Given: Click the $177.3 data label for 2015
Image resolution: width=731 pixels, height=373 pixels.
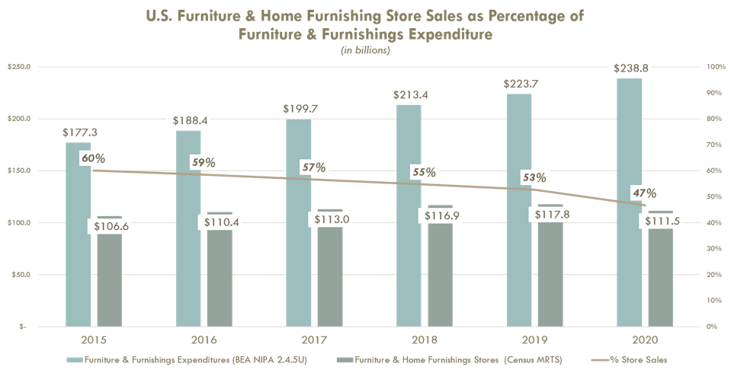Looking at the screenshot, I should (79, 132).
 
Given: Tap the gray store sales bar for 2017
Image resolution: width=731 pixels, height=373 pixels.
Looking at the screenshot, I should (329, 282).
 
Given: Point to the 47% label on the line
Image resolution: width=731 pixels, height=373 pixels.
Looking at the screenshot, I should (644, 192).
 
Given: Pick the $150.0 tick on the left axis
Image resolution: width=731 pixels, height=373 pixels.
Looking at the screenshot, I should (20, 171).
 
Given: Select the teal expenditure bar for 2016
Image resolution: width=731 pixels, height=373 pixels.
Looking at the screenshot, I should (188, 236).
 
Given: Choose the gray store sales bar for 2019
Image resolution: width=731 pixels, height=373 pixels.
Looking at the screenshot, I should (550, 282).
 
